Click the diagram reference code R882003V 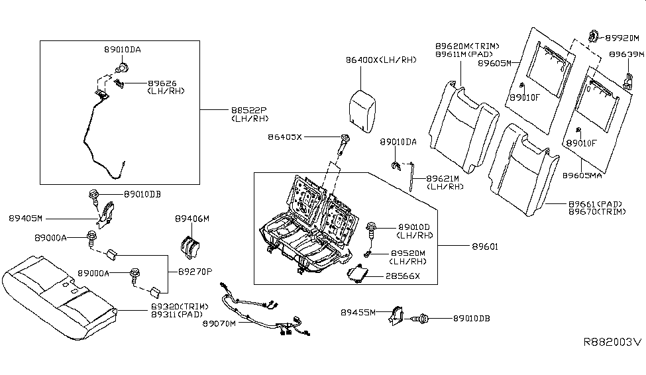(x=612, y=342)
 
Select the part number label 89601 (x=485, y=246)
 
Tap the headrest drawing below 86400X (x=362, y=111)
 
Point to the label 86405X (x=285, y=136)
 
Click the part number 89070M (x=219, y=323)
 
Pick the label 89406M (x=192, y=219)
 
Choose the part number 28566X (x=403, y=276)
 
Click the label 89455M (x=358, y=312)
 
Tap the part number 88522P (x=249, y=111)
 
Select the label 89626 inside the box (x=162, y=83)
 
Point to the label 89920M (x=621, y=38)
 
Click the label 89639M (x=626, y=54)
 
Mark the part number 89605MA (x=582, y=176)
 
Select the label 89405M (x=26, y=219)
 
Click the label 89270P (x=195, y=272)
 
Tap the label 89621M (x=443, y=178)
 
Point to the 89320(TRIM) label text (x=180, y=307)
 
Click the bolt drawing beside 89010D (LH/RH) (x=371, y=230)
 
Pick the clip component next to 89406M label (x=190, y=247)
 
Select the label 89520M (x=408, y=253)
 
